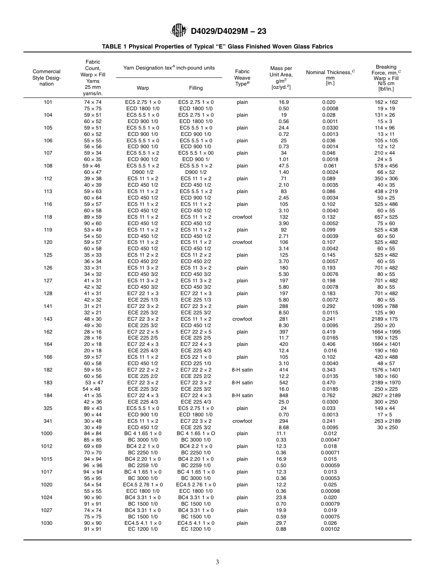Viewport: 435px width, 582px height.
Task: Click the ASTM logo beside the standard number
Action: pos(179,31)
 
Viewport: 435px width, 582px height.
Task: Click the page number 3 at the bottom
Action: pos(217,562)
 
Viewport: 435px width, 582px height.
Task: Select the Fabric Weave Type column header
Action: pos(242,78)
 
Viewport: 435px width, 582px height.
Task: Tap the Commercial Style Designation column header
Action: pos(46,78)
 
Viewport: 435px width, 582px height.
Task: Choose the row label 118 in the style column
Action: pos(48,217)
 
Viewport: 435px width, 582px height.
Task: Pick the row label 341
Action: pos(48,421)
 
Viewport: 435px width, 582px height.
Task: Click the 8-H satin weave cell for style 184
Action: pos(242,395)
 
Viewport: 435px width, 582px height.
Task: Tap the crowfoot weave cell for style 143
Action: pos(242,319)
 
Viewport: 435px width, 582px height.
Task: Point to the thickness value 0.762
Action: pos(329,395)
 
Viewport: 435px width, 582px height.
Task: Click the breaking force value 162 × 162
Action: pos(386,102)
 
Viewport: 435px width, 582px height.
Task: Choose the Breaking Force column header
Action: pos(386,78)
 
